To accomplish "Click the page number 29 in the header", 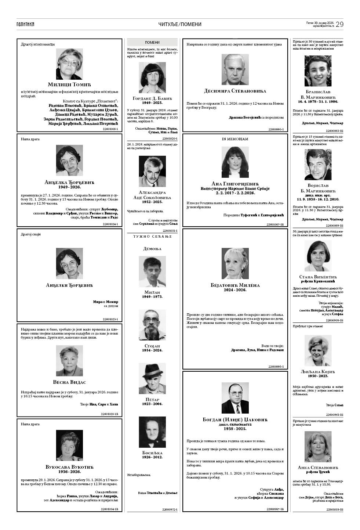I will tap(339, 24).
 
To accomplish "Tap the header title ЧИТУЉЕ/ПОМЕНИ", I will tap(180, 24).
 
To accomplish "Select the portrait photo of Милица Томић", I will tap(69, 64).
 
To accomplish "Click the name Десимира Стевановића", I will tap(235, 91).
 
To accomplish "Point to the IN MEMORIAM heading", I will tap(235, 139).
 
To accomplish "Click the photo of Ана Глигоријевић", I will tap(235, 162).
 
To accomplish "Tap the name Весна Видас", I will tap(69, 382).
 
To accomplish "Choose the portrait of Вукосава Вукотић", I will tap(69, 446).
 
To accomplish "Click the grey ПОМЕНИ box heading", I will tap(152, 43).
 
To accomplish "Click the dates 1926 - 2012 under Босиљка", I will tap(152, 457).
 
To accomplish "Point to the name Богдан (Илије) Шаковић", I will tap(235, 419).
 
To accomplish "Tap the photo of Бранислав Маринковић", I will tap(318, 71).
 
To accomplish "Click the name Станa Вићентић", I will tap(318, 277).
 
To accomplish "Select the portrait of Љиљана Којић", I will tap(318, 350).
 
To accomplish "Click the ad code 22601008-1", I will tap(110, 129).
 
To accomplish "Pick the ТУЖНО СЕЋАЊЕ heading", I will tap(152, 236).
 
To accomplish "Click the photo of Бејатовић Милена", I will tap(235, 263).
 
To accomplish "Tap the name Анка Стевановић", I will tap(318, 468).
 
